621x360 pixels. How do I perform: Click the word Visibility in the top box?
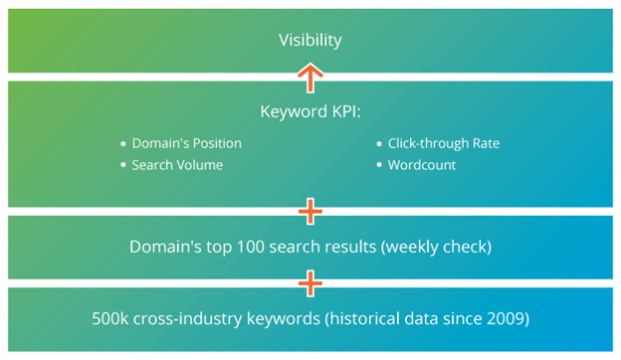pyautogui.click(x=310, y=41)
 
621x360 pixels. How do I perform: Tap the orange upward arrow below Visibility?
pyautogui.click(x=310, y=78)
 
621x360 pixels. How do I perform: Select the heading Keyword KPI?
pyautogui.click(x=310, y=111)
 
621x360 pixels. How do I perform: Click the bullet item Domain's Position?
pyautogui.click(x=186, y=143)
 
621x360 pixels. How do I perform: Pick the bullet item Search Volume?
pyautogui.click(x=177, y=165)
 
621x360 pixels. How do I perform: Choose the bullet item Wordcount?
pyautogui.click(x=422, y=165)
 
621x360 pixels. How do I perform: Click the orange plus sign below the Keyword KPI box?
pyautogui.click(x=310, y=211)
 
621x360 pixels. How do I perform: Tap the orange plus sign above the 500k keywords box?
pyautogui.click(x=310, y=284)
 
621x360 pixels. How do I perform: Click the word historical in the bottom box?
pyautogui.click(x=352, y=320)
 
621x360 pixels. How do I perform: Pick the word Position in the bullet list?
pyautogui.click(x=214, y=143)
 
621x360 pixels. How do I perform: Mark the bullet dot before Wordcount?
pyautogui.click(x=380, y=165)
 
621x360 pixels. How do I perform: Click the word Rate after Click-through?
pyautogui.click(x=485, y=143)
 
